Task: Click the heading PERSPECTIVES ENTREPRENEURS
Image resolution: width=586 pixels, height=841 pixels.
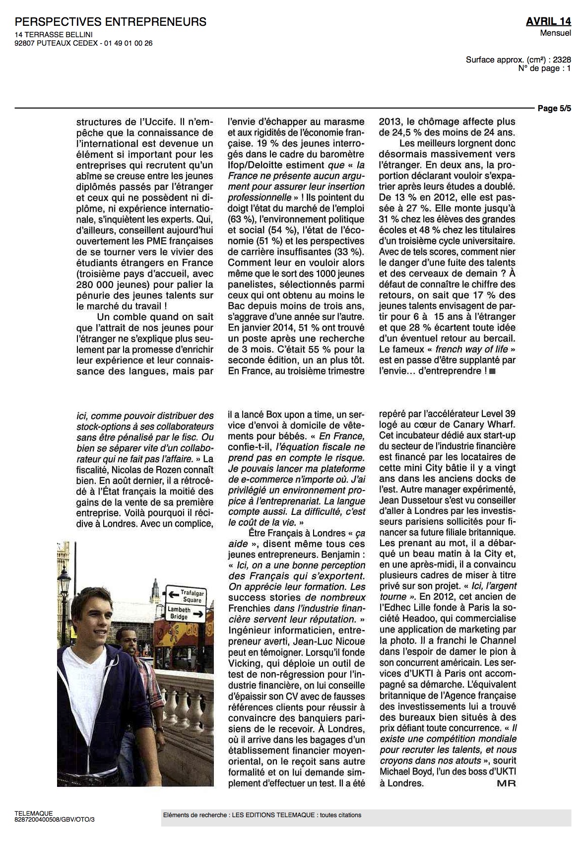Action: click(111, 22)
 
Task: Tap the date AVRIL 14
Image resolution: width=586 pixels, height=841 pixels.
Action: click(548, 21)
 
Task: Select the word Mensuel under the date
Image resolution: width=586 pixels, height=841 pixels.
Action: click(556, 33)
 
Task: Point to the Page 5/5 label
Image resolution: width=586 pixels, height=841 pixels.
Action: click(554, 109)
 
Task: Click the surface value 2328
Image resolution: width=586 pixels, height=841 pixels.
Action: click(561, 60)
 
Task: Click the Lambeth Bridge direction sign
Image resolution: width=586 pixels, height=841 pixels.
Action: click(186, 613)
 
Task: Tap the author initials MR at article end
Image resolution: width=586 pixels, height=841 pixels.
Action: click(506, 783)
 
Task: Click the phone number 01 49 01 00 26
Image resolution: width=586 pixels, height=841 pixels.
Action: click(129, 43)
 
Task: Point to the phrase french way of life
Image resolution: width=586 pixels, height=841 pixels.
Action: click(471, 349)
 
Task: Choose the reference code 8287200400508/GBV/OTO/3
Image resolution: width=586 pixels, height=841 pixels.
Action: click(55, 820)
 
